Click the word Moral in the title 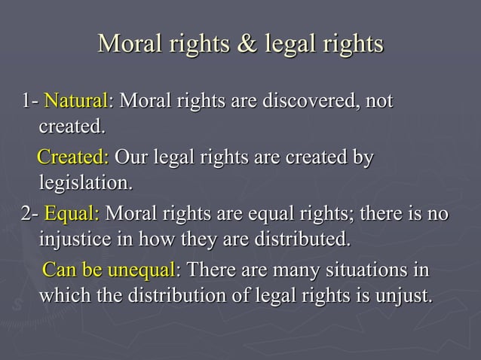(129, 43)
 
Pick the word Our (133, 158)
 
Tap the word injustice (75, 240)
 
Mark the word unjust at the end (407, 294)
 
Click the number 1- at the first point (30, 100)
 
